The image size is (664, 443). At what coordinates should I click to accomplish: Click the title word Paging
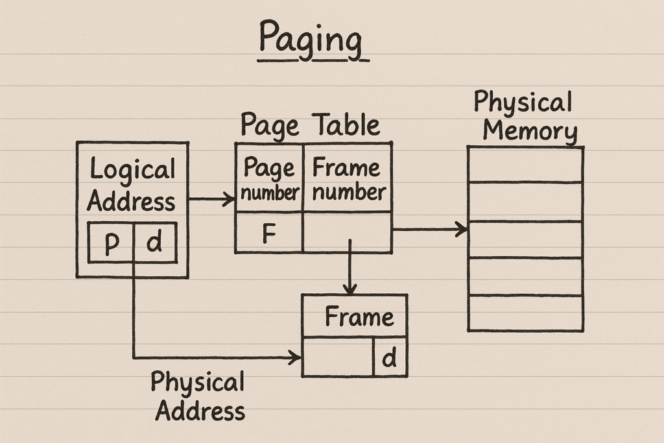pyautogui.click(x=311, y=40)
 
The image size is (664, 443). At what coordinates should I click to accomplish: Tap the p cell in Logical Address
pyautogui.click(x=111, y=243)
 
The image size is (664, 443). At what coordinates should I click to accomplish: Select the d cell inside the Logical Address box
pyautogui.click(x=155, y=243)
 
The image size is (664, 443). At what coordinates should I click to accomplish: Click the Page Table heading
pyautogui.click(x=310, y=124)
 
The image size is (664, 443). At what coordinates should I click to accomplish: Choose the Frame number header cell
pyautogui.click(x=348, y=179)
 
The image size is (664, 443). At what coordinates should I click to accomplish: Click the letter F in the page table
pyautogui.click(x=270, y=233)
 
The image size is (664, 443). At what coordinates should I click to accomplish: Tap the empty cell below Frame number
pyautogui.click(x=347, y=232)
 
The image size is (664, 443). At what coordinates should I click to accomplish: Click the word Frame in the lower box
pyautogui.click(x=359, y=317)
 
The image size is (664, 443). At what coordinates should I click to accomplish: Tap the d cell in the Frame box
pyautogui.click(x=390, y=357)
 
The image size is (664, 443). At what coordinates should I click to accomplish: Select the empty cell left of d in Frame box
pyautogui.click(x=338, y=357)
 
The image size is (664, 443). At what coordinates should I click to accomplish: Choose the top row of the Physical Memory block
pyautogui.click(x=525, y=165)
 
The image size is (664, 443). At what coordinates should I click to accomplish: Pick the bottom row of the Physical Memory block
pyautogui.click(x=525, y=313)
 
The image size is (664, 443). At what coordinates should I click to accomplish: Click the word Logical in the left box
pyautogui.click(x=132, y=170)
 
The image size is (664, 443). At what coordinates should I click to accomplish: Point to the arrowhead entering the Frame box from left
pyautogui.click(x=296, y=357)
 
